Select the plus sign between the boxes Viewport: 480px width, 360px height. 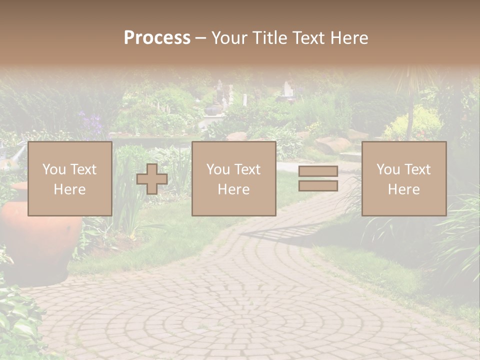tap(152, 179)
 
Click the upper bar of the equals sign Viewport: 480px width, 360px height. tap(318, 171)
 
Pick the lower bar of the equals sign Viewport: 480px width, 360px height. tap(318, 185)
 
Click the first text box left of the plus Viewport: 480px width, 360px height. tap(69, 178)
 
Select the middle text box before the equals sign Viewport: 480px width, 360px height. tap(233, 178)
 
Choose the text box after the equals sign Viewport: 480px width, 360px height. tap(403, 178)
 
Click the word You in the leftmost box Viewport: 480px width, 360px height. tap(53, 169)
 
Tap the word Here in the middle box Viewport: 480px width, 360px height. tap(233, 189)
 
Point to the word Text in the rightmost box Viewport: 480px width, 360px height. tap(417, 169)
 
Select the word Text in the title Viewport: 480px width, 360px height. tap(306, 38)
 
